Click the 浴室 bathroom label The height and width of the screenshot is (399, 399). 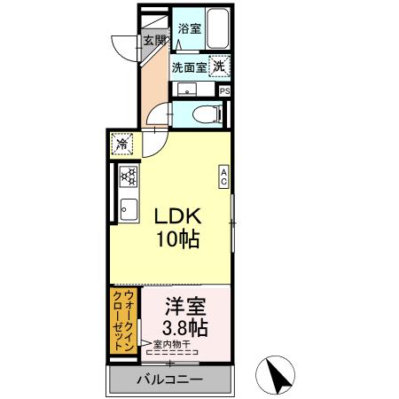[189, 28]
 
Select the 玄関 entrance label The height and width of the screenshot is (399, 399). [153, 39]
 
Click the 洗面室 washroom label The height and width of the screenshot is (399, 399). [189, 66]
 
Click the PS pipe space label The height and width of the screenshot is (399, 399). [224, 90]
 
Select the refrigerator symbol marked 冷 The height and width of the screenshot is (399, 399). [122, 144]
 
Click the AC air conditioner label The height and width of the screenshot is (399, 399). [224, 177]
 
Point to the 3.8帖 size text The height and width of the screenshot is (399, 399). [186, 329]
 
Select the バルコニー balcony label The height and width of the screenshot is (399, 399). [169, 379]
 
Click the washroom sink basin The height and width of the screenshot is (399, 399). [187, 89]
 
